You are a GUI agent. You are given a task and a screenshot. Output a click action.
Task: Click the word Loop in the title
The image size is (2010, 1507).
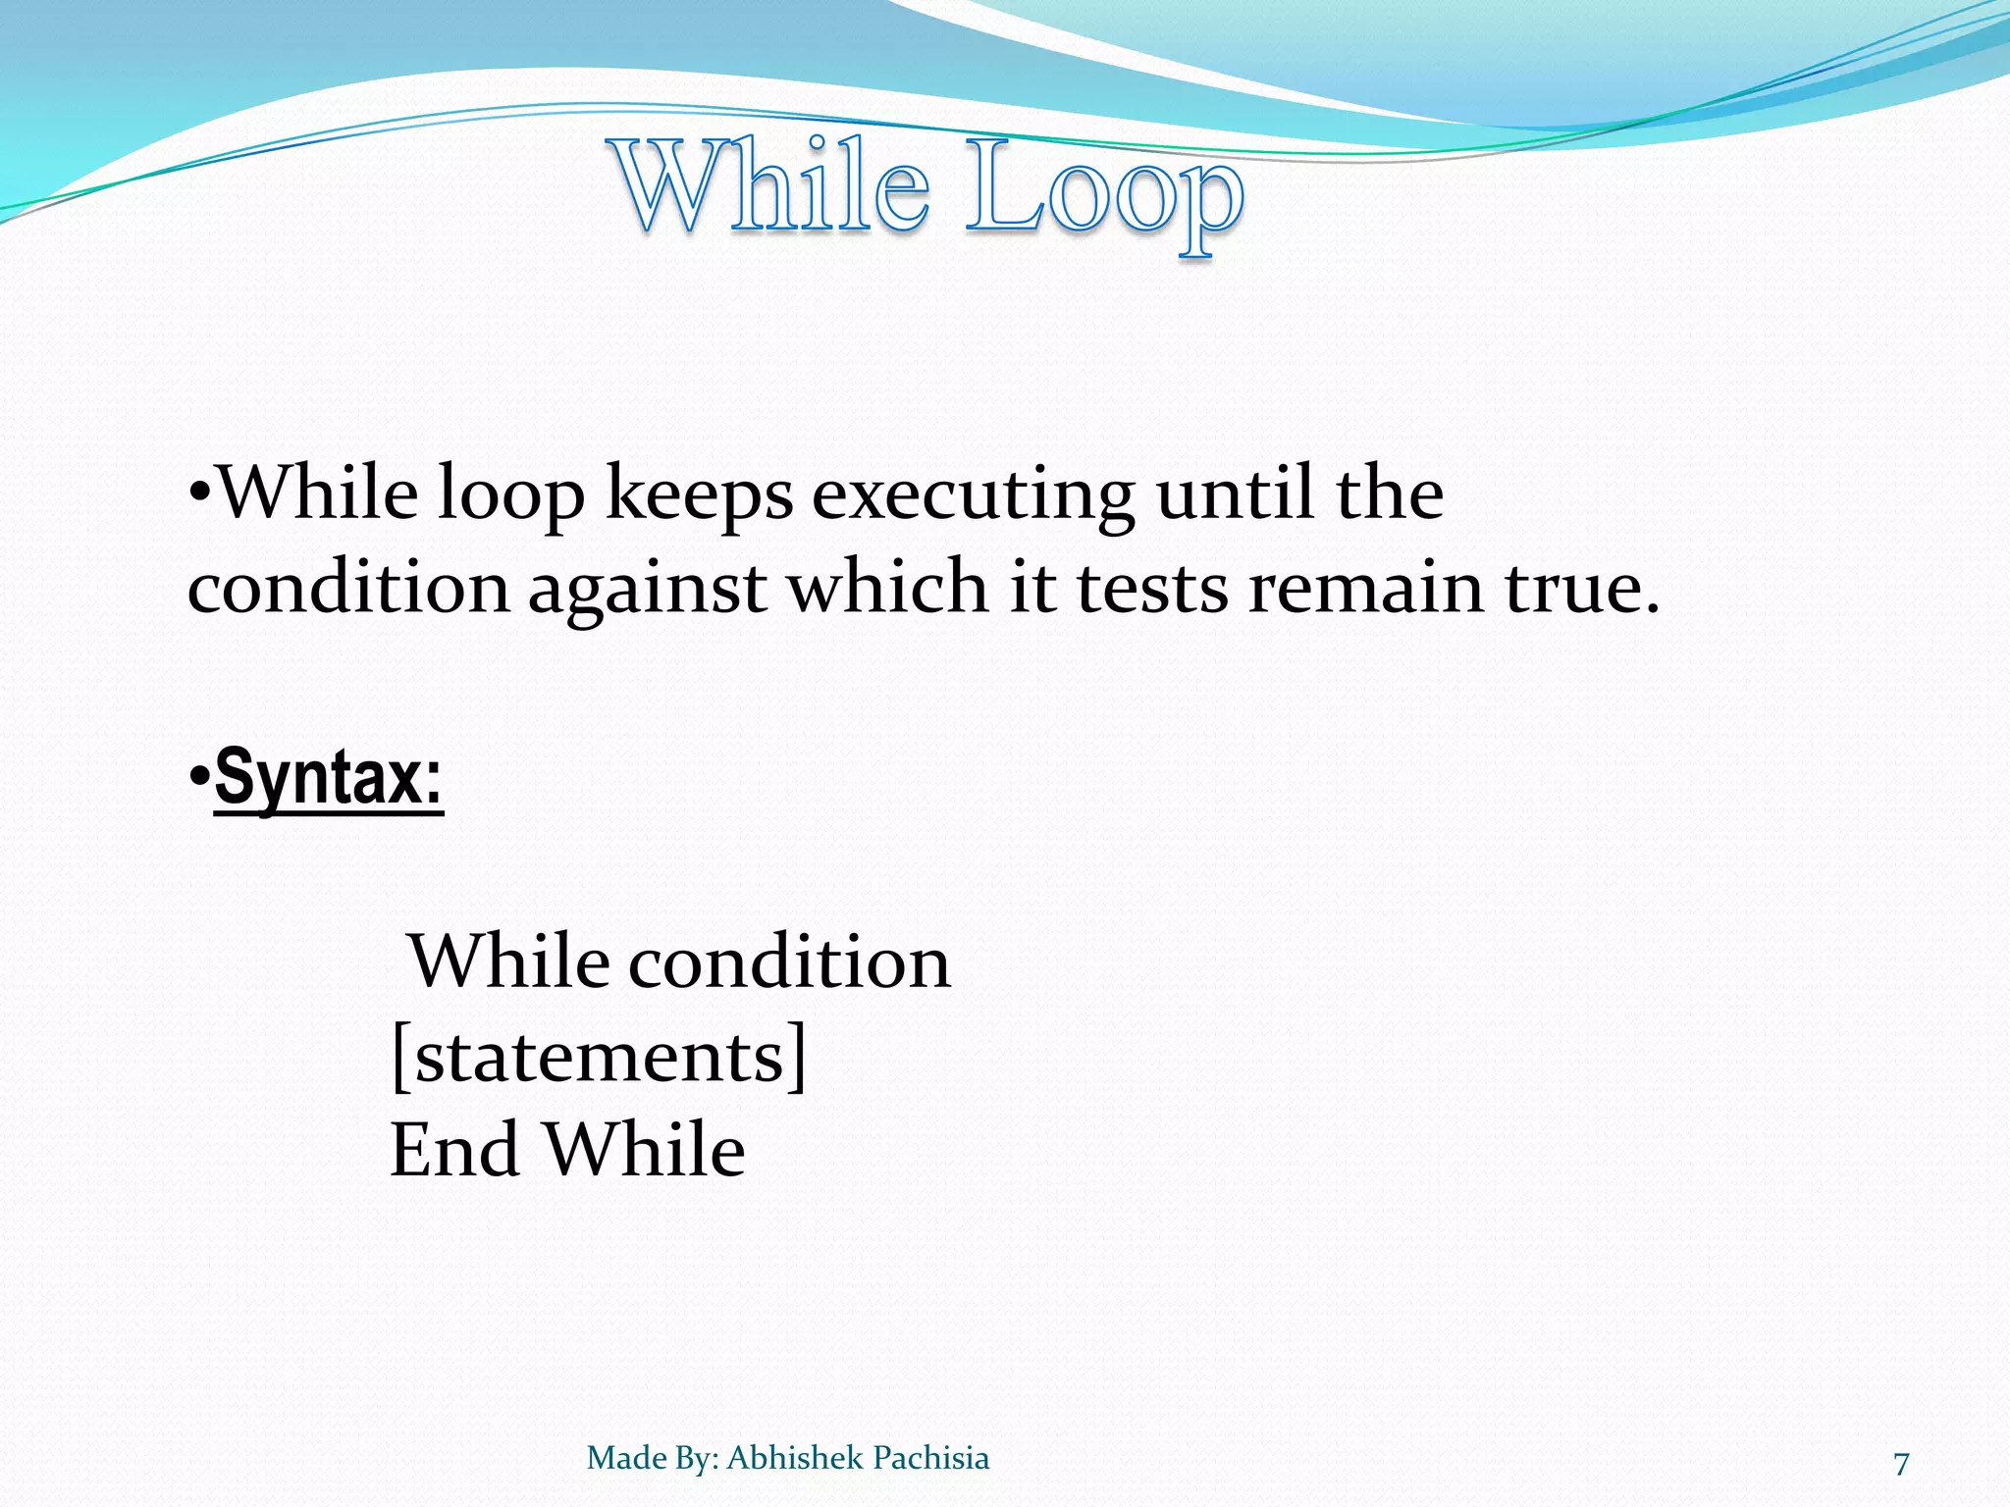1104,191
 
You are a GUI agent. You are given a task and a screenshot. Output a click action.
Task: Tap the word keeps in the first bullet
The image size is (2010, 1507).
699,495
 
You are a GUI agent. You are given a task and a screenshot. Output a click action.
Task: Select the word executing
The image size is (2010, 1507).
973,495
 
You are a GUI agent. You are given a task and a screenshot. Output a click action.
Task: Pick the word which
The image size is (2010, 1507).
889,589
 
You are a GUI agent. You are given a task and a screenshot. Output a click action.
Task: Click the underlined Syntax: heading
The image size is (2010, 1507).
328,778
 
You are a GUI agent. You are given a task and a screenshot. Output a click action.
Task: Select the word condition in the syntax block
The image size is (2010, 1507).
789,962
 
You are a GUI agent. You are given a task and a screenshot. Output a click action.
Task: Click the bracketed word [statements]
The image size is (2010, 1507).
598,1057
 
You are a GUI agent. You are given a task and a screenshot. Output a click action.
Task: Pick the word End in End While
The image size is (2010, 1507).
453,1150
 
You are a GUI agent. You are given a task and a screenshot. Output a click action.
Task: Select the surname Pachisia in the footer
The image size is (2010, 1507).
930,1458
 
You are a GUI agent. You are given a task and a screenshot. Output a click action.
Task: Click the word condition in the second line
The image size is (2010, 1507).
348,589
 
